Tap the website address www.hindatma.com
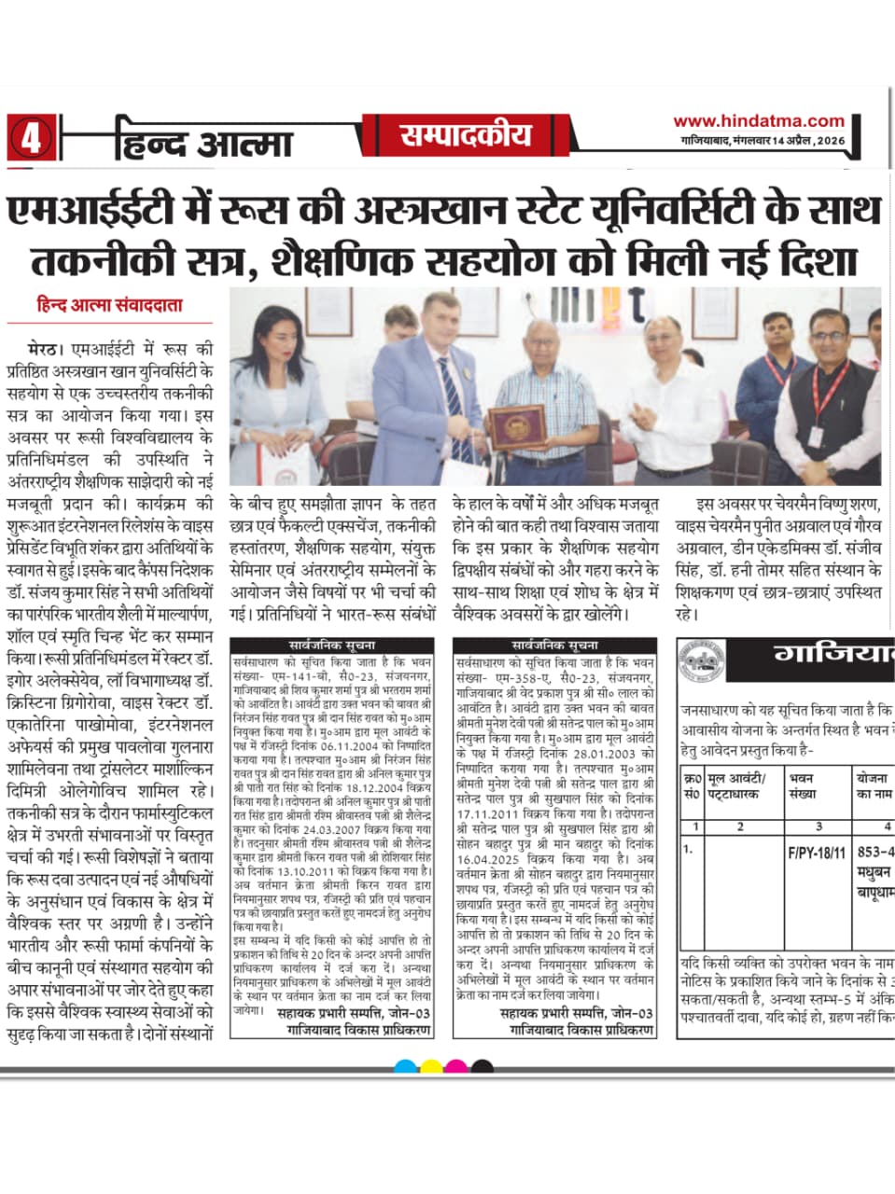[x=758, y=120]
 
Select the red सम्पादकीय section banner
[x=466, y=136]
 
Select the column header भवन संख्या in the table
[x=802, y=785]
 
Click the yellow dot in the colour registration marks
[x=432, y=1066]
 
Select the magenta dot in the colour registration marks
[x=456, y=1066]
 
